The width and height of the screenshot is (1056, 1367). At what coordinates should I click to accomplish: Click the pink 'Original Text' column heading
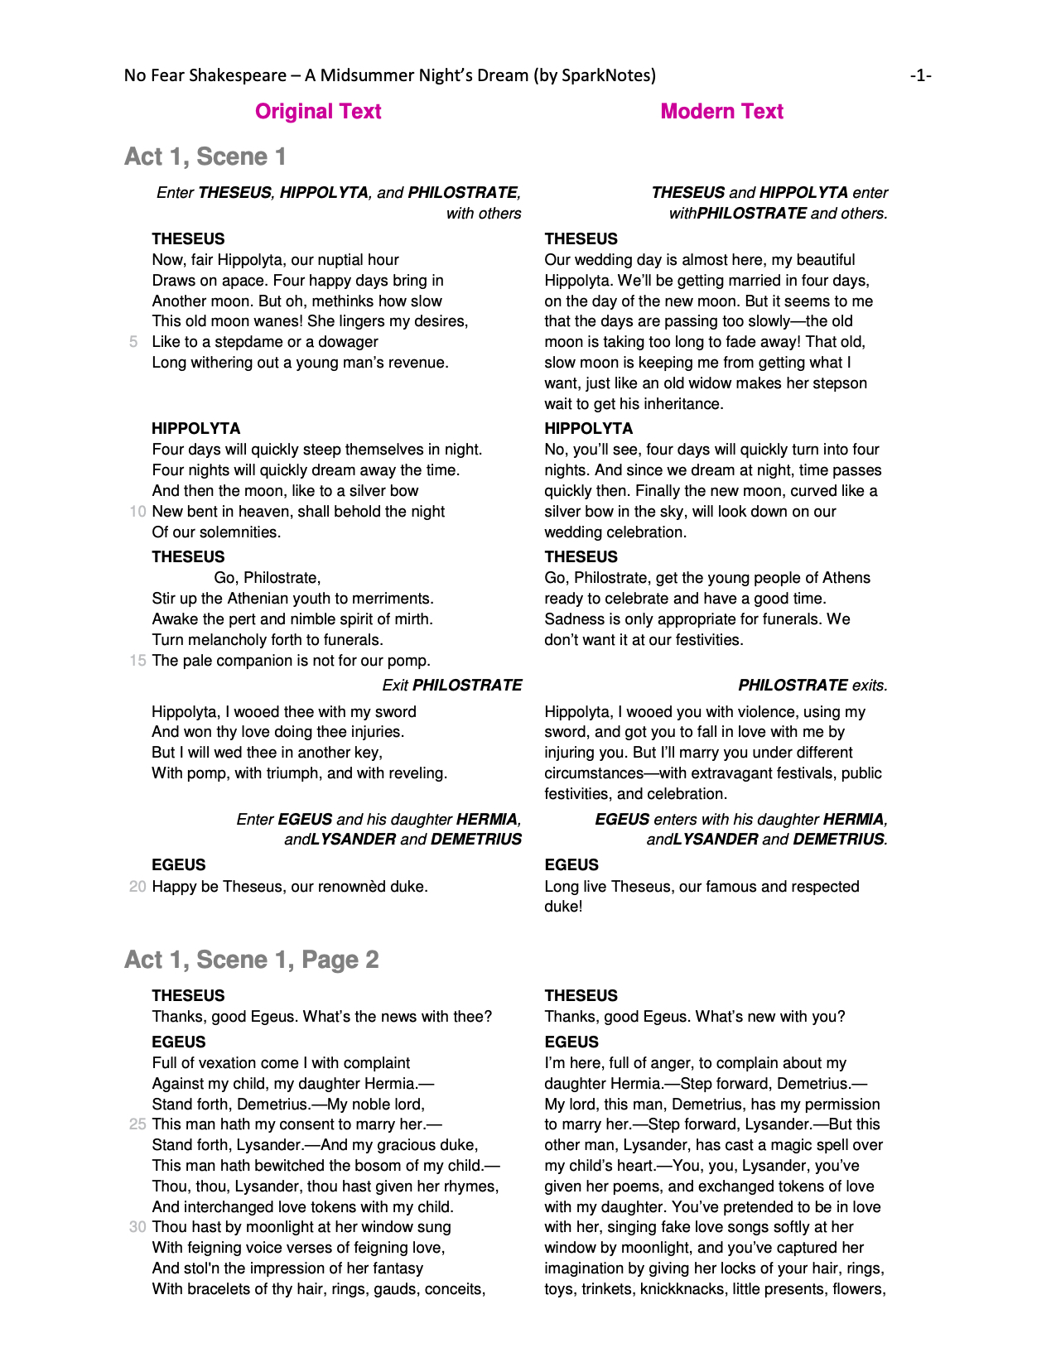(x=318, y=112)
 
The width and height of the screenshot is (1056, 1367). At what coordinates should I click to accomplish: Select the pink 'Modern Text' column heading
(x=721, y=112)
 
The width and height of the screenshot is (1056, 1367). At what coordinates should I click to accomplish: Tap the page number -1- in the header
(x=920, y=76)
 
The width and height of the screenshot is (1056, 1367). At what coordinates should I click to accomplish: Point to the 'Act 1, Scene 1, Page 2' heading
(x=251, y=960)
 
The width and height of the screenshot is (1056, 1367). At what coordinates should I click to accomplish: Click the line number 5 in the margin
(x=133, y=342)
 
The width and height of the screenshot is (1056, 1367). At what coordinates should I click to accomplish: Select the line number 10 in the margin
(x=137, y=512)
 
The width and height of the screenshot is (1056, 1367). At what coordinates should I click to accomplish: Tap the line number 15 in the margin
(x=137, y=661)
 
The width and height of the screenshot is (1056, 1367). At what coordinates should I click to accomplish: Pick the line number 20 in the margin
(x=137, y=887)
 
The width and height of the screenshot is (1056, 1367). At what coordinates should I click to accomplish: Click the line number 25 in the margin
(x=137, y=1124)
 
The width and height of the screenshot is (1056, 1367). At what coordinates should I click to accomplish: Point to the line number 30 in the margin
(x=137, y=1227)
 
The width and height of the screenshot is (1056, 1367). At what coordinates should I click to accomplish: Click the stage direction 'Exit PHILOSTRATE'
(x=452, y=686)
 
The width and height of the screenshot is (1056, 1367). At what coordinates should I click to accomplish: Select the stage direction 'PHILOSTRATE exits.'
(x=812, y=686)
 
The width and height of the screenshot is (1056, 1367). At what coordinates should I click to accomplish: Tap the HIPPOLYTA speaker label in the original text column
(x=196, y=429)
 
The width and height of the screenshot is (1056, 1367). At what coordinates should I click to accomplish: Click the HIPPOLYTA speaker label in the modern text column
(x=589, y=429)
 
